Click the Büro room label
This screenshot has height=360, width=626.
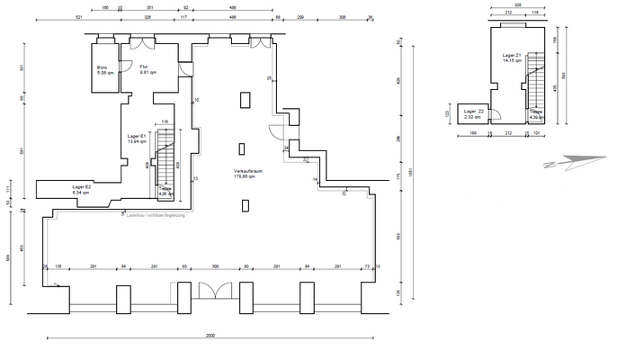pos(104,71)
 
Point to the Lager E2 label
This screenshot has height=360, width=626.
pos(82,189)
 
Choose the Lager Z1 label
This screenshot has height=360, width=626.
pos(513,58)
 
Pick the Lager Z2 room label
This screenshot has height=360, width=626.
pos(474,114)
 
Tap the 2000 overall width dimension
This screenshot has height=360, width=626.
pos(210,336)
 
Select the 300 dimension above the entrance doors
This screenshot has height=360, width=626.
pos(215,267)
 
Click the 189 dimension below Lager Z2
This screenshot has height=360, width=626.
pos(473,134)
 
